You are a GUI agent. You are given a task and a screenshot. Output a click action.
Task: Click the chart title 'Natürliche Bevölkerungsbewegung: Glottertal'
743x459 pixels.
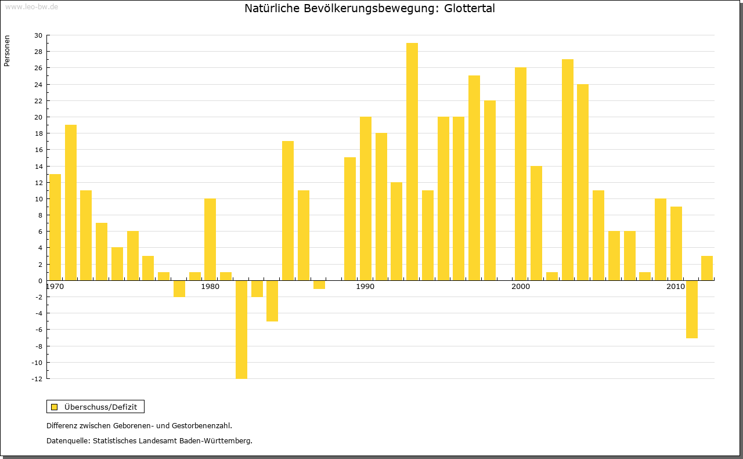[370, 9]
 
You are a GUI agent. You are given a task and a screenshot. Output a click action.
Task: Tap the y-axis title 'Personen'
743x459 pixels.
[7, 51]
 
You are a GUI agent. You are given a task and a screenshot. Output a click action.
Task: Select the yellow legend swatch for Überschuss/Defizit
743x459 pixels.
[54, 407]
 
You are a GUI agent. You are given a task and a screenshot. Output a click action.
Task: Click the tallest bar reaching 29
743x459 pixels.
[412, 161]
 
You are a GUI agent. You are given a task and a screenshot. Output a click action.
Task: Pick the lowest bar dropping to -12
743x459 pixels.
[241, 329]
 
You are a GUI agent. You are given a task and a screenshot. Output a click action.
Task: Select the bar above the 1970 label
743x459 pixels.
[55, 227]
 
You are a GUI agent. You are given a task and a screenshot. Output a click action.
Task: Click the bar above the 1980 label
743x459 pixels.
[210, 239]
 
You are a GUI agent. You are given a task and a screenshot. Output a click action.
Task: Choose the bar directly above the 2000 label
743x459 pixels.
[521, 174]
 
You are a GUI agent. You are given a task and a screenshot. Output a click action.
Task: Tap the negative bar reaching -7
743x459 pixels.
[692, 309]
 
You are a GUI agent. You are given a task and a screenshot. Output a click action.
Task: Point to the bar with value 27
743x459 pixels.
[568, 169]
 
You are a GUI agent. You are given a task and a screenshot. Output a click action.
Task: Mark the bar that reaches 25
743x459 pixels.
[474, 178]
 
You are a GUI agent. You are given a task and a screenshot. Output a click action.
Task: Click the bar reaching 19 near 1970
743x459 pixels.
[71, 203]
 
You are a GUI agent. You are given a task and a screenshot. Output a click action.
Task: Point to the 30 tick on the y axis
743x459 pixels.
[38, 35]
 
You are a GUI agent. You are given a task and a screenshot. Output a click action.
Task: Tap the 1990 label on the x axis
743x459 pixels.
[365, 287]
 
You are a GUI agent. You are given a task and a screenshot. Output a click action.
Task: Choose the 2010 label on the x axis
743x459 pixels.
[676, 287]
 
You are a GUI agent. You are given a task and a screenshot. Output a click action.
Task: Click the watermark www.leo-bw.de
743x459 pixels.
[31, 6]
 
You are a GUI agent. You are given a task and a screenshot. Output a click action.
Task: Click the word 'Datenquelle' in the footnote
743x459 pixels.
[67, 440]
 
